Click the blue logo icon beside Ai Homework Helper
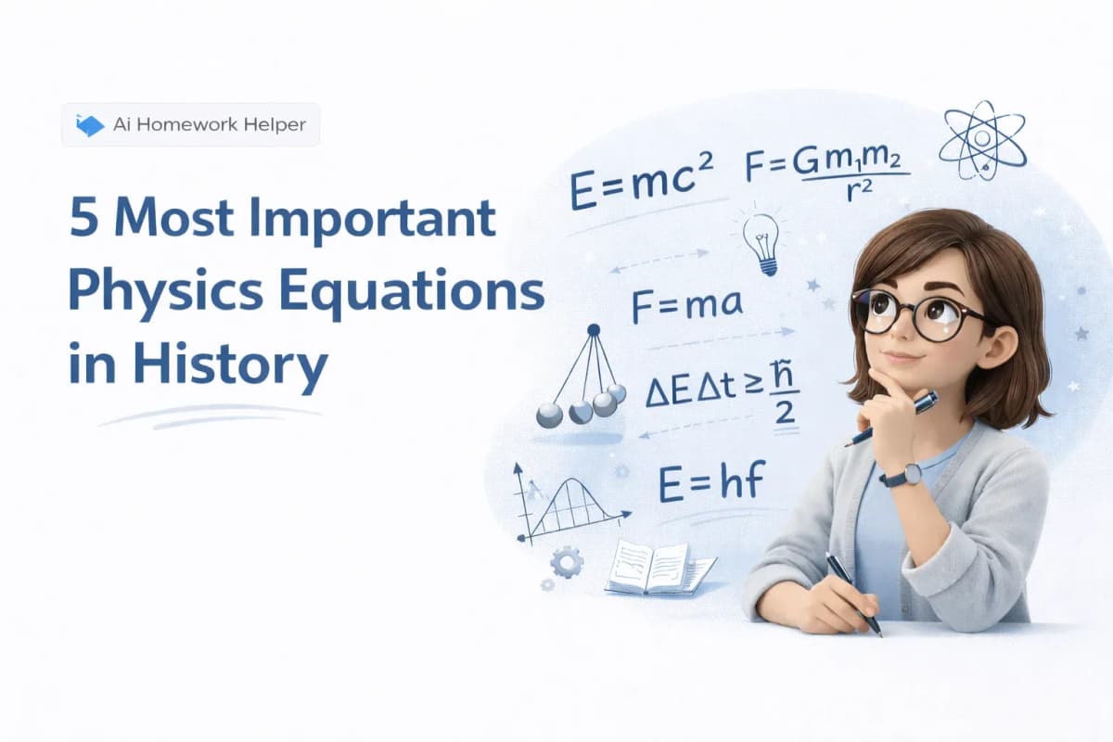pyautogui.click(x=90, y=125)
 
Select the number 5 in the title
pyautogui.click(x=83, y=217)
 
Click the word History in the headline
pyautogui.click(x=230, y=365)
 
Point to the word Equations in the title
pyautogui.click(x=412, y=294)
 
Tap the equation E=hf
pyautogui.click(x=711, y=480)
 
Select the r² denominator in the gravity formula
pyautogui.click(x=859, y=190)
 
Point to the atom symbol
pyautogui.click(x=982, y=141)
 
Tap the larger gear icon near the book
pyautogui.click(x=567, y=562)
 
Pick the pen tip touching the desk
pyautogui.click(x=880, y=633)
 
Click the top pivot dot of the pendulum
pyautogui.click(x=594, y=329)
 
